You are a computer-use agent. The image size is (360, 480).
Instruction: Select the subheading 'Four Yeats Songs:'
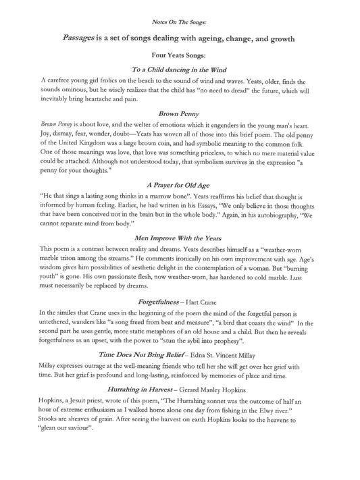click(180, 57)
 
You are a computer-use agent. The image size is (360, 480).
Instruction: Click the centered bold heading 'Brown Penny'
click(180, 115)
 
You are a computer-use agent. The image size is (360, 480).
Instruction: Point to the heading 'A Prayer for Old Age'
click(180, 185)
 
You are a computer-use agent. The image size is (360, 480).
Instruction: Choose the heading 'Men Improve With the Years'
click(180, 238)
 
